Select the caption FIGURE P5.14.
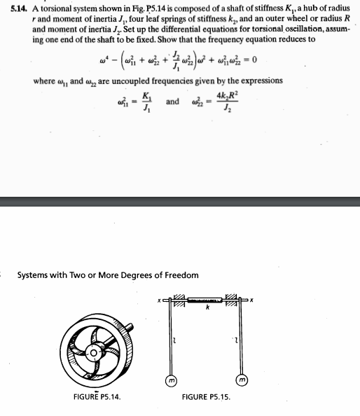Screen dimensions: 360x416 (97, 397)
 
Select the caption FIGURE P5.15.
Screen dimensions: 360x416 (206, 397)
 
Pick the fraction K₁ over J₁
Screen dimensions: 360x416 (146, 102)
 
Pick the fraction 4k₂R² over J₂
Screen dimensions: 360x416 (226, 102)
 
